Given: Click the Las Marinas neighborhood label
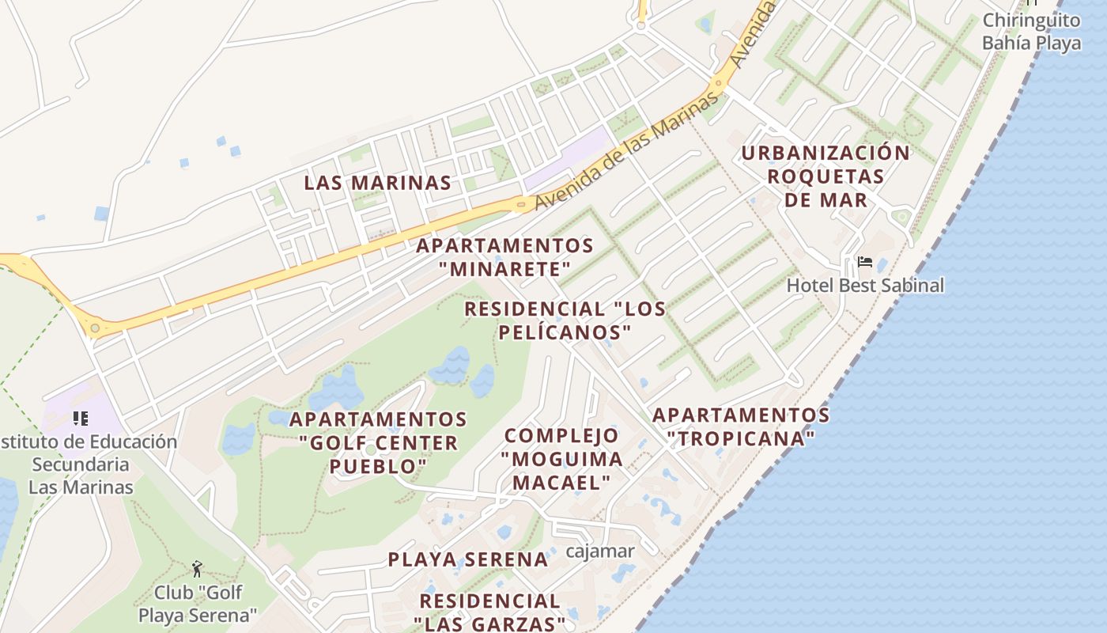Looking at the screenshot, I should pyautogui.click(x=378, y=183).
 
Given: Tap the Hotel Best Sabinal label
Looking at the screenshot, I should pyautogui.click(x=865, y=285).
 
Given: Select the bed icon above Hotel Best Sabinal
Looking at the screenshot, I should pyautogui.click(x=865, y=262).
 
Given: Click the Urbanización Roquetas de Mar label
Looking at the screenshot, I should pyautogui.click(x=826, y=176).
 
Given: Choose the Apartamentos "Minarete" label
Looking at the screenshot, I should pyautogui.click(x=505, y=257).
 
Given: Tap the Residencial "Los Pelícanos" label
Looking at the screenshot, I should pyautogui.click(x=565, y=320).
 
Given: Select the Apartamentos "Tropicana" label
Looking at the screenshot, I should pyautogui.click(x=741, y=426).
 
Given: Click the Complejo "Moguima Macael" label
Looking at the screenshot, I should pyautogui.click(x=562, y=458).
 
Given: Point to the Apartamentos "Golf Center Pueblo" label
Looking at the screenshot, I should pyautogui.click(x=378, y=442).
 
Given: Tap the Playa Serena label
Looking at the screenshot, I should pyautogui.click(x=467, y=559).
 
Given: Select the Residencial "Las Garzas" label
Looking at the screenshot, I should pyautogui.click(x=489, y=612).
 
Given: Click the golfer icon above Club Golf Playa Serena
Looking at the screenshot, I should pyautogui.click(x=197, y=568).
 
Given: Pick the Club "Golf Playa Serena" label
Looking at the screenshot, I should pyautogui.click(x=198, y=604).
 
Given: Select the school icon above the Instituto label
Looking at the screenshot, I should pyautogui.click(x=80, y=418).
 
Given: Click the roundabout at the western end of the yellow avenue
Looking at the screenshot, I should pyautogui.click(x=95, y=328).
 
